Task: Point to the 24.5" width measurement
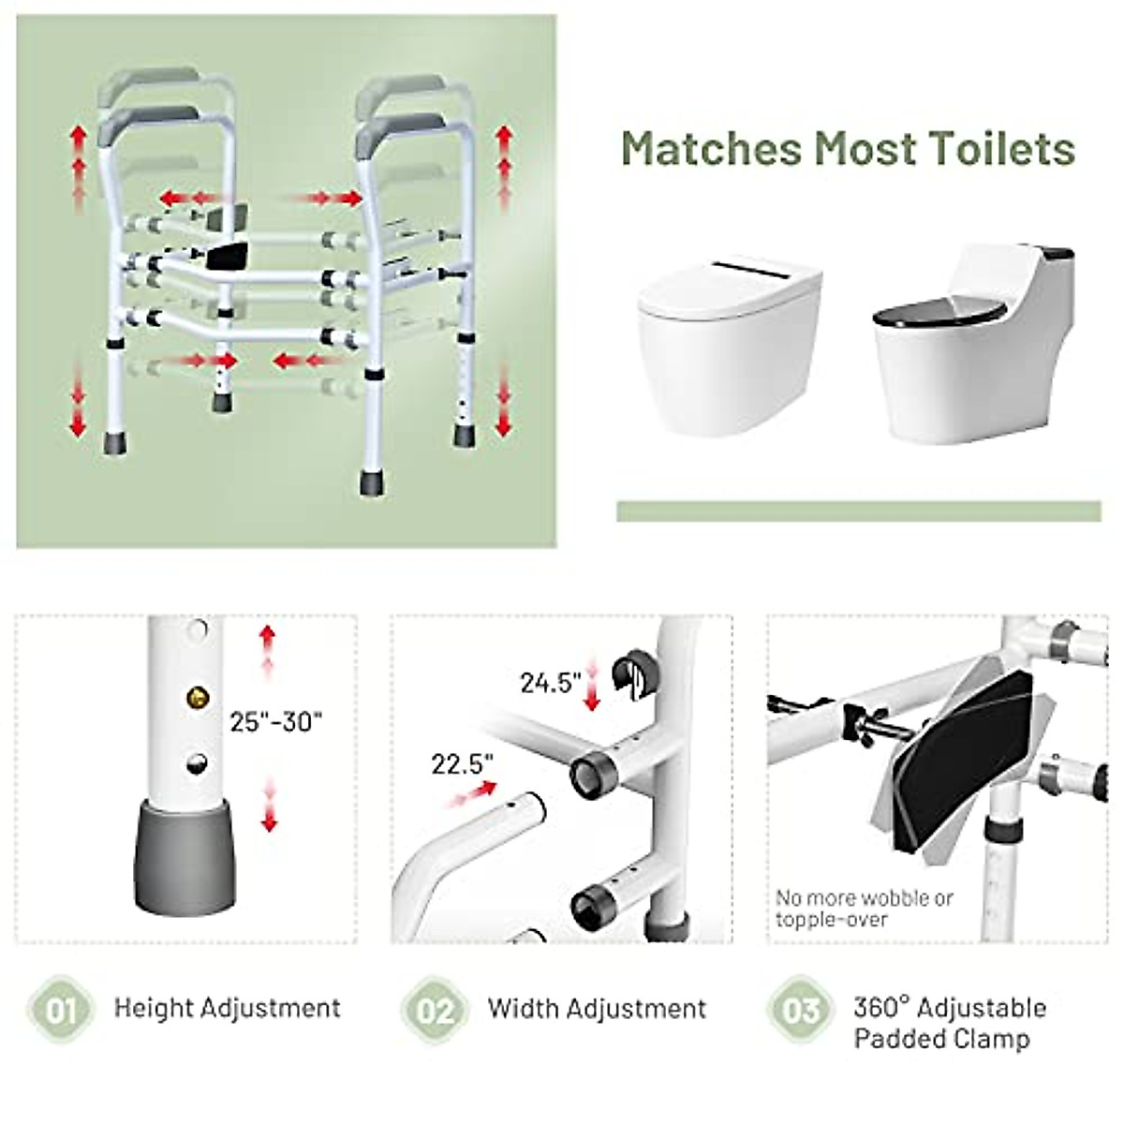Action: [x=552, y=683]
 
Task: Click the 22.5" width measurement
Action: [x=463, y=764]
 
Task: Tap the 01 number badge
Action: [x=61, y=1010]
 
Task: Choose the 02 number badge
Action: [x=436, y=1010]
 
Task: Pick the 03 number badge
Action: [x=801, y=1010]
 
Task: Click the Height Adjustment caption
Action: [x=227, y=1009]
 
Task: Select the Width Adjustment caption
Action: [x=597, y=1009]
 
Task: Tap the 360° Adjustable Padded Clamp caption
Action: [x=949, y=1023]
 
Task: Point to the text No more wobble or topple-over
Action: [x=863, y=909]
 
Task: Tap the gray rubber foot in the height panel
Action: [x=185, y=857]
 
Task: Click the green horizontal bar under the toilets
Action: [x=858, y=511]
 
